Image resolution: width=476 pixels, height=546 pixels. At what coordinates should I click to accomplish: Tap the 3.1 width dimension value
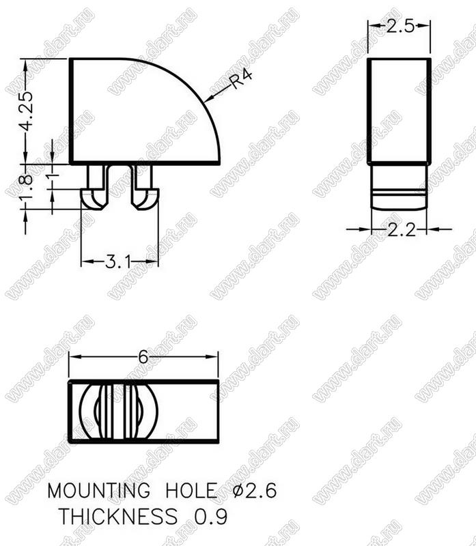click(x=119, y=261)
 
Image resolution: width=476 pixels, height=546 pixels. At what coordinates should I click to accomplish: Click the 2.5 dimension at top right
click(x=400, y=26)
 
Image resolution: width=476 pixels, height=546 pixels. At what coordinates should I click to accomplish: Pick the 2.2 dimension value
click(x=402, y=230)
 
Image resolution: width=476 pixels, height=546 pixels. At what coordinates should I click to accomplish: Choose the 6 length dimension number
click(x=143, y=357)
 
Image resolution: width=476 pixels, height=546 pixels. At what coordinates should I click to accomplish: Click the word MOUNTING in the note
click(x=98, y=490)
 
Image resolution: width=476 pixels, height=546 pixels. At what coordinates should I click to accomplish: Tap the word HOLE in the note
click(x=191, y=490)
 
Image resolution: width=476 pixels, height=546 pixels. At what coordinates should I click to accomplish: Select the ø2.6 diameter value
click(x=255, y=490)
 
